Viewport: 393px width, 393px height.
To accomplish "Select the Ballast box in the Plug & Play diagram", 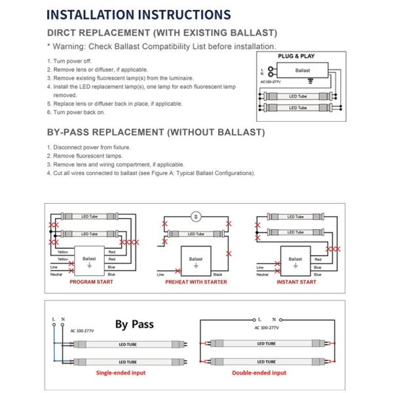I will [x=302, y=69].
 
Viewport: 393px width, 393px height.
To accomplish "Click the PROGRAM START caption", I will [x=91, y=282].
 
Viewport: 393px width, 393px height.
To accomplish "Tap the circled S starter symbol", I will [x=195, y=217].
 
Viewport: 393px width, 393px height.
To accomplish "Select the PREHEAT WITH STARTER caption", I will [x=196, y=282].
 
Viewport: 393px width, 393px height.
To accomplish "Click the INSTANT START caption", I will [x=297, y=282].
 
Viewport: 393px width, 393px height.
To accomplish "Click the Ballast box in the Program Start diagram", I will [x=90, y=259].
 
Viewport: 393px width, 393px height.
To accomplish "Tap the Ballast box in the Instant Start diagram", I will [x=295, y=259].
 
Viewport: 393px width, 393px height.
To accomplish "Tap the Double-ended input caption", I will [x=259, y=373].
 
